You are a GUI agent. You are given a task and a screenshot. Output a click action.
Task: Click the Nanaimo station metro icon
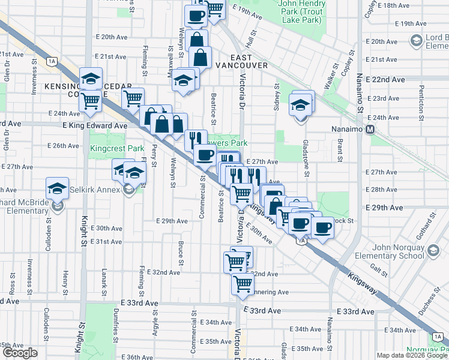coord(370,129)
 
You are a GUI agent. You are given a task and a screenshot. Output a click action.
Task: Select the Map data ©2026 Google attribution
coord(412,355)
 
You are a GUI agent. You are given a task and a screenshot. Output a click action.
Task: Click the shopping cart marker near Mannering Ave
coord(243,283)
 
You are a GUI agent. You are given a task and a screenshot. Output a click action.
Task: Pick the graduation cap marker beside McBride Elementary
coord(58,188)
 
